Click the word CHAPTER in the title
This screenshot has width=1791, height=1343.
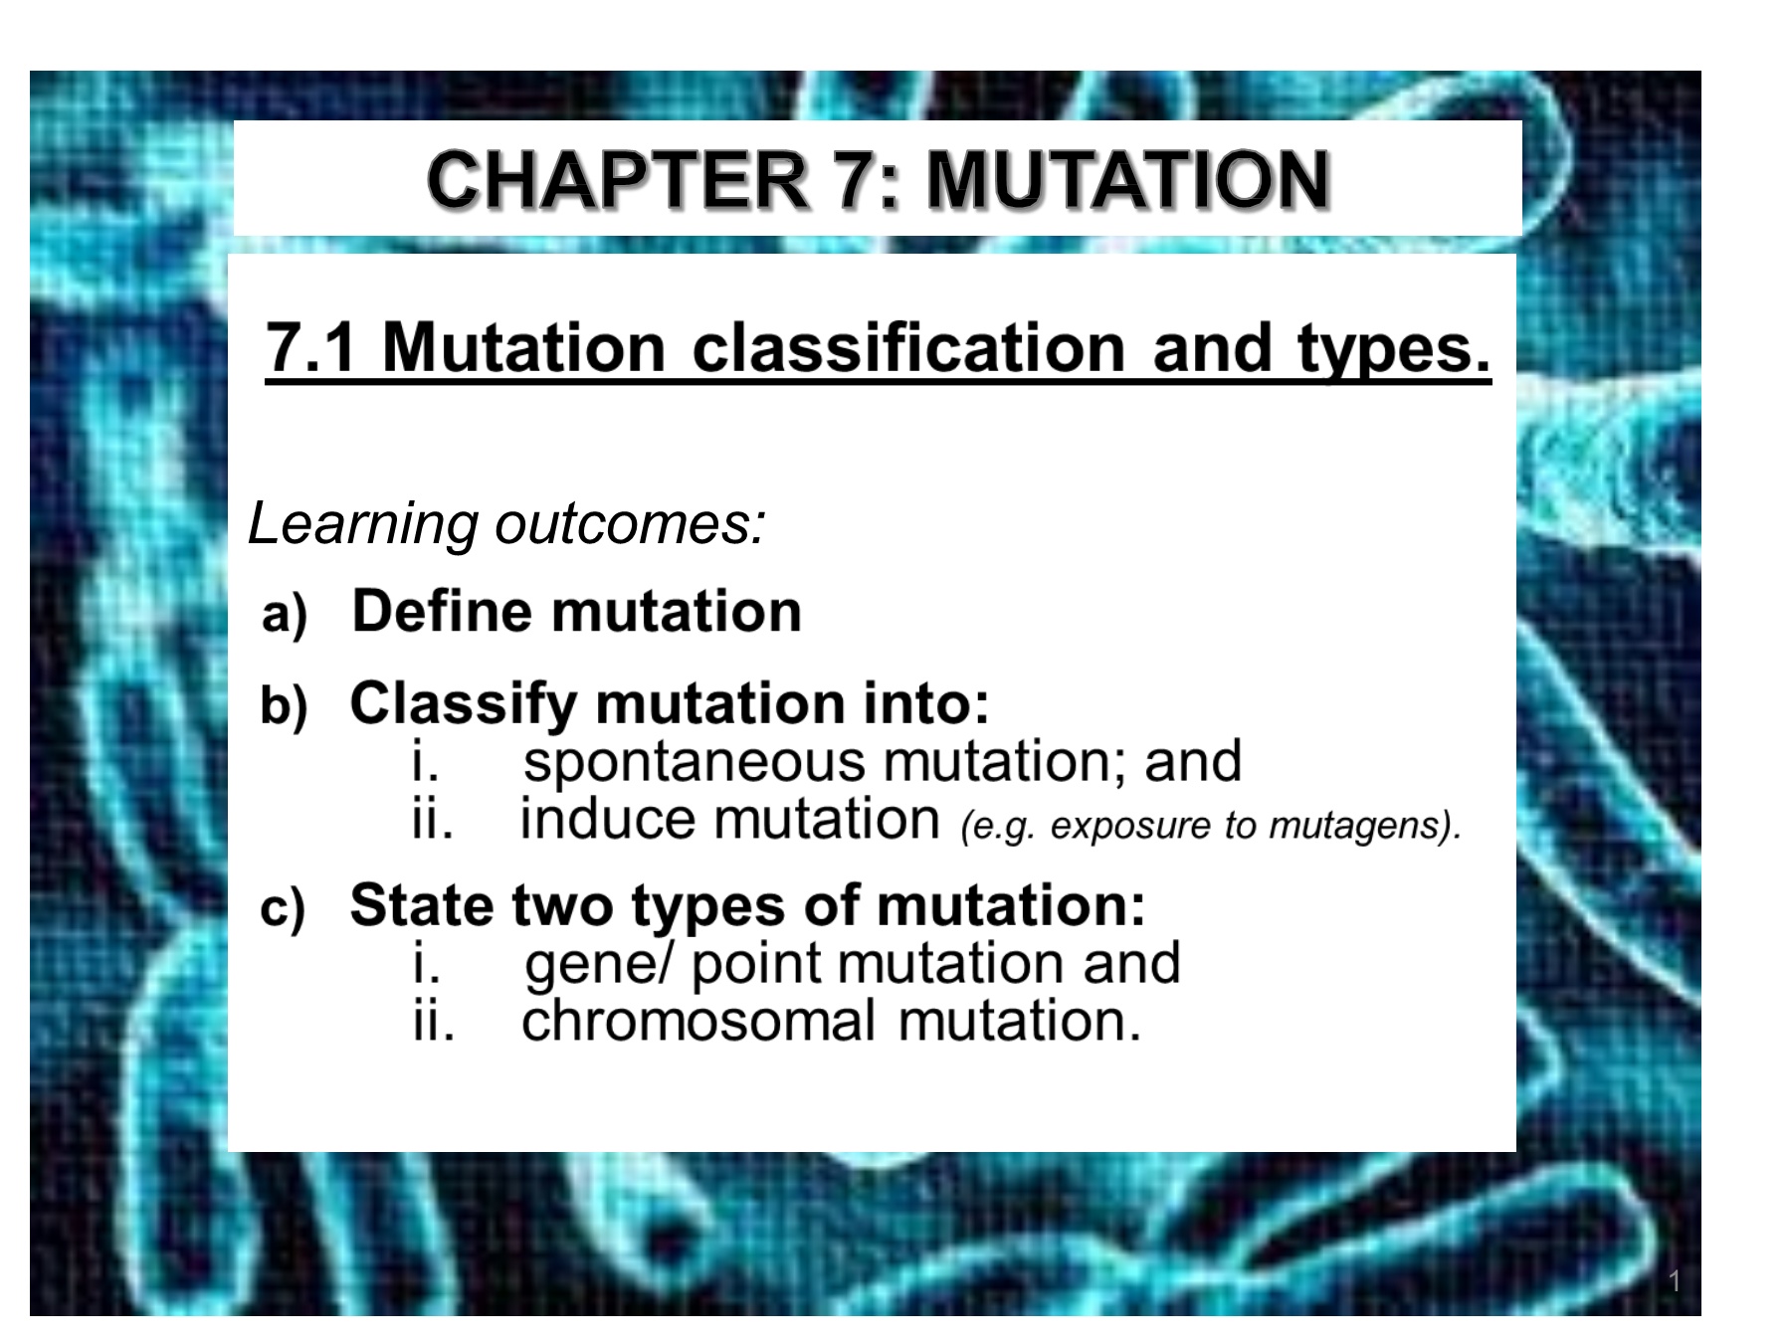click(x=617, y=180)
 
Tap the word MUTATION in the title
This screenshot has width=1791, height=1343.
click(x=1128, y=180)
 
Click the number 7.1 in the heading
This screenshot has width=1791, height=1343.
click(x=310, y=348)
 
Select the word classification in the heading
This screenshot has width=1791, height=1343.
click(x=908, y=348)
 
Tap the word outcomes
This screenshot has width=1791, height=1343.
click(x=631, y=523)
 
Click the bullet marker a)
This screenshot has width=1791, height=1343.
click(x=284, y=614)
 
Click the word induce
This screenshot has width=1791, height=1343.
click(x=608, y=820)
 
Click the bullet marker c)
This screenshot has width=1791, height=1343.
click(x=283, y=908)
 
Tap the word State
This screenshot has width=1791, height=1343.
click(x=422, y=905)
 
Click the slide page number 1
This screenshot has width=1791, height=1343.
click(x=1675, y=1281)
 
